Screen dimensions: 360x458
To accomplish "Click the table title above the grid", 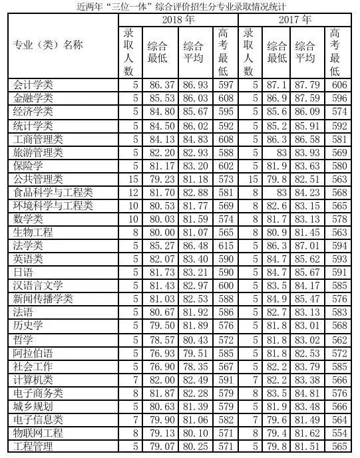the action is tap(180, 6).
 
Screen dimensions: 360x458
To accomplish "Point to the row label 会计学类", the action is tap(34, 85).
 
